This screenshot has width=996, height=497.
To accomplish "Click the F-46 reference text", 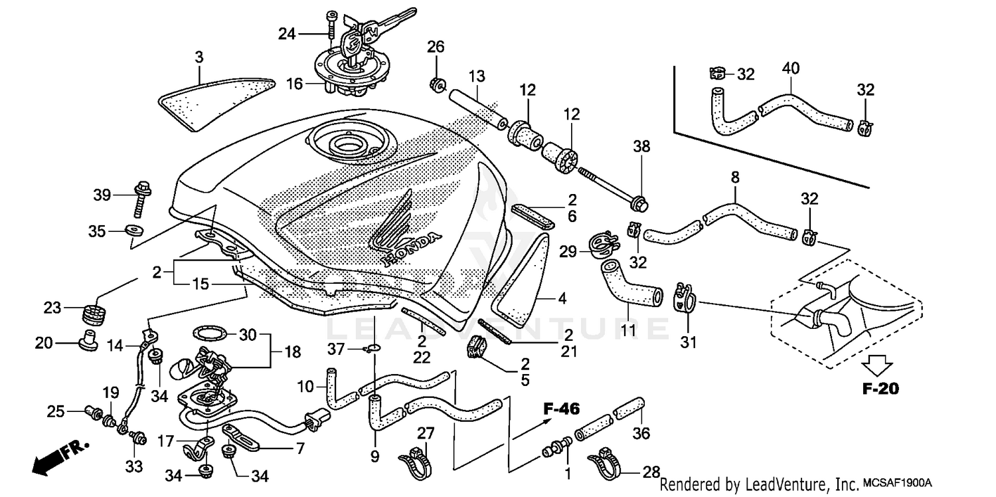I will [557, 409].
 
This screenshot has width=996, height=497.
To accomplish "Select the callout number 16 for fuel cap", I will [294, 84].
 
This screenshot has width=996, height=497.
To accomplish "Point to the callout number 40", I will [791, 68].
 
